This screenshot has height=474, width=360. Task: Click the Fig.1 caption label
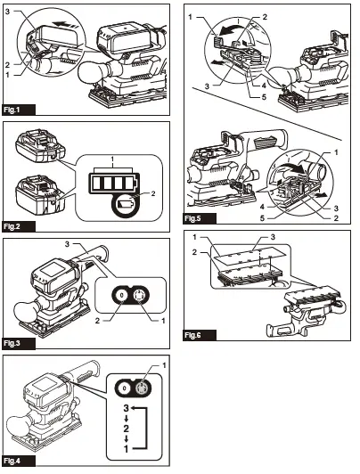click(12, 110)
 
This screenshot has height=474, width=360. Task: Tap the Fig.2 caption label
click(12, 226)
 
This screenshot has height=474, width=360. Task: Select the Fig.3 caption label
click(12, 343)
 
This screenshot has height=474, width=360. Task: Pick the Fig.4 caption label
click(12, 461)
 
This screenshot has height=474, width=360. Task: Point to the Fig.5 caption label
click(192, 218)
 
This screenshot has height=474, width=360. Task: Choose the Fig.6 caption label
click(192, 335)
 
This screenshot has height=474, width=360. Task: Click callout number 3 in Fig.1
click(7, 12)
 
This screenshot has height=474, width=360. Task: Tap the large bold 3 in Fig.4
click(126, 408)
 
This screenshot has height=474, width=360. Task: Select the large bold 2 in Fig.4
click(126, 429)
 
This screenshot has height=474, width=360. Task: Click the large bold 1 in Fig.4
click(127, 449)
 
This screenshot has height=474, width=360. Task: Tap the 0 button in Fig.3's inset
click(121, 295)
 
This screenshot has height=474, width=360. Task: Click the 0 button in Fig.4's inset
click(125, 388)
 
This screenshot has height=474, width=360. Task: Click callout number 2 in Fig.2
click(153, 193)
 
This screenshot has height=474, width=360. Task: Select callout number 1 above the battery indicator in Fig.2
click(112, 159)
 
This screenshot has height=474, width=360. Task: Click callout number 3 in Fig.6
click(273, 237)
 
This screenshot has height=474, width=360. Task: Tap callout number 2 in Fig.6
click(194, 252)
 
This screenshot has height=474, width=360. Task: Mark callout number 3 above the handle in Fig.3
click(67, 243)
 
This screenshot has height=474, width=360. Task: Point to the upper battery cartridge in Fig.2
click(40, 146)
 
